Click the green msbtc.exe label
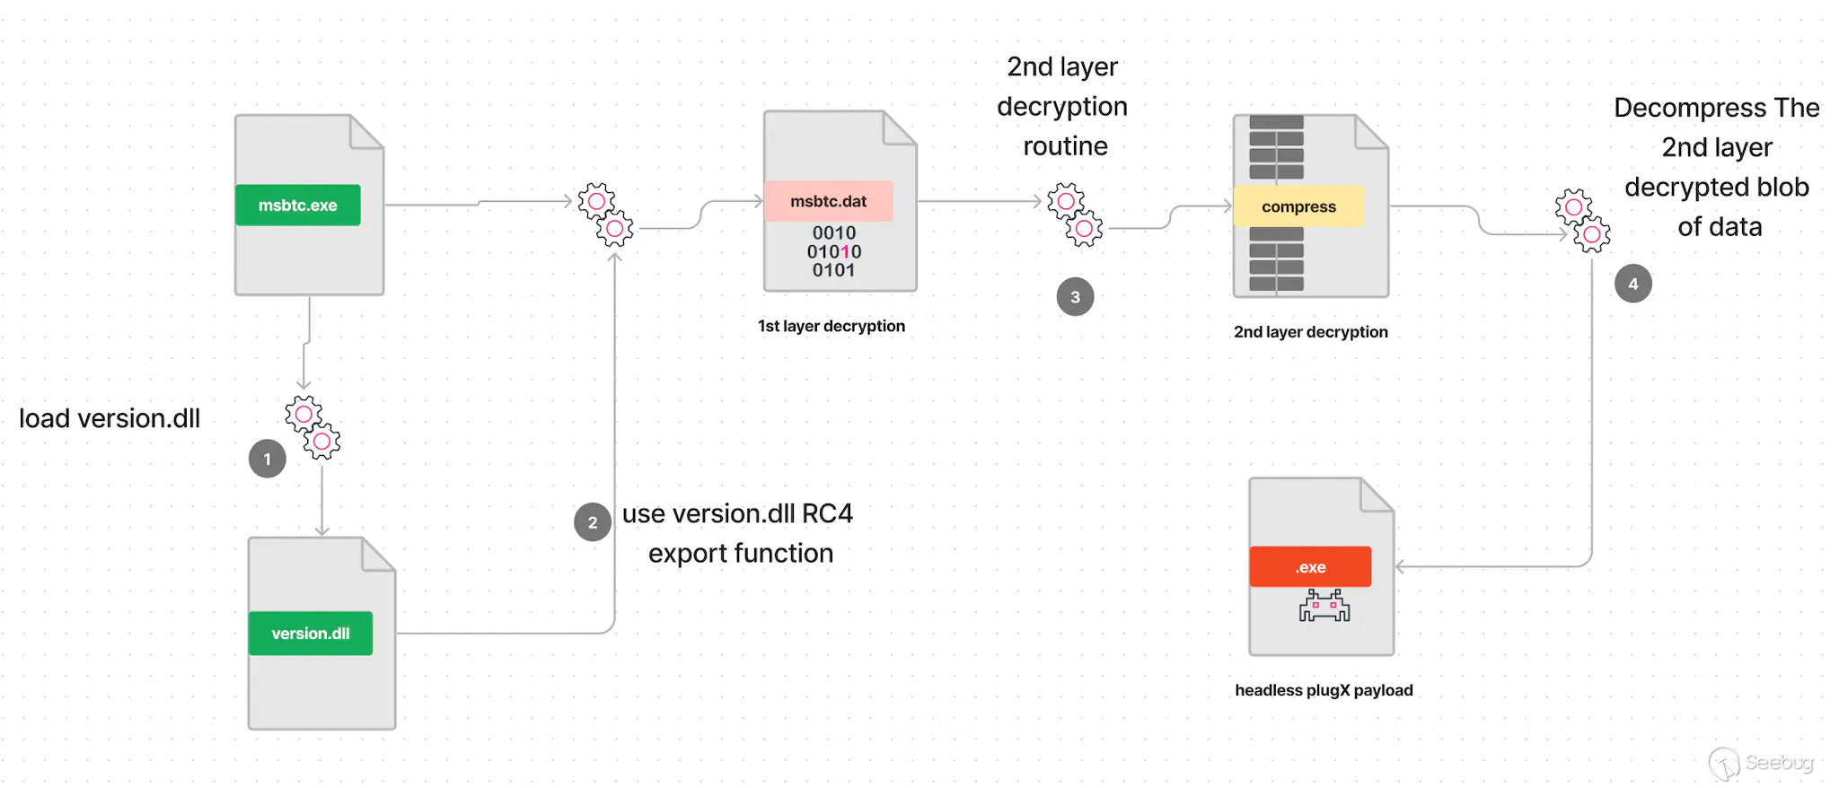click(x=297, y=206)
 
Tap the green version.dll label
click(x=311, y=634)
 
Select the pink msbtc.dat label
click(x=828, y=202)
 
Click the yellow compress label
click(x=1298, y=207)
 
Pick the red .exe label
click(x=1310, y=567)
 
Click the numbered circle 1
click(x=268, y=460)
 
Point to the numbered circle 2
click(x=593, y=522)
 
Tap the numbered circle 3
click(x=1075, y=297)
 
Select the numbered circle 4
click(x=1632, y=284)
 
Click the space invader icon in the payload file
click(x=1324, y=607)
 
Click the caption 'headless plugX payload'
click(x=1324, y=690)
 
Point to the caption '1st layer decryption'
click(x=831, y=326)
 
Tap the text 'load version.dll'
click(x=110, y=419)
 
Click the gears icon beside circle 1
click(x=312, y=428)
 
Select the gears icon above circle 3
click(x=1075, y=215)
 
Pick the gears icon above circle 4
click(x=1582, y=221)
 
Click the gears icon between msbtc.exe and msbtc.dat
click(x=605, y=215)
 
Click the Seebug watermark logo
click(x=1761, y=764)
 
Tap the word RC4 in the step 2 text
click(x=827, y=513)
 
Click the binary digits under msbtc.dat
click(x=833, y=252)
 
